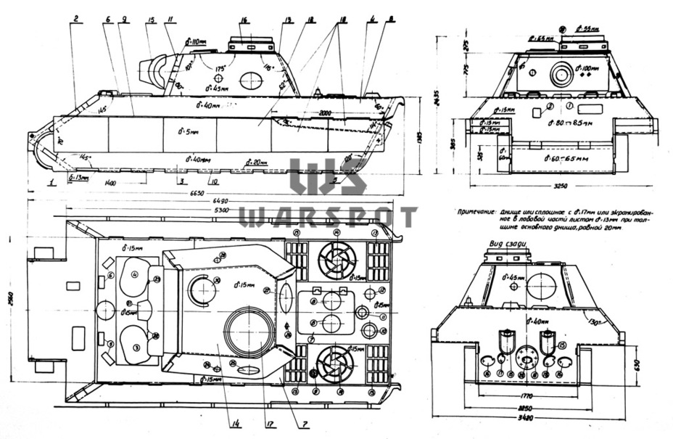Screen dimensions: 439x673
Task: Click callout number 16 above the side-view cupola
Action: (244, 20)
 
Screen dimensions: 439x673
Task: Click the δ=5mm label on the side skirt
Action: (188, 132)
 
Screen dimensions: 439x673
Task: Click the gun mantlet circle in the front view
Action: (562, 74)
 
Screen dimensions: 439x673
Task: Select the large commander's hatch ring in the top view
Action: (249, 332)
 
